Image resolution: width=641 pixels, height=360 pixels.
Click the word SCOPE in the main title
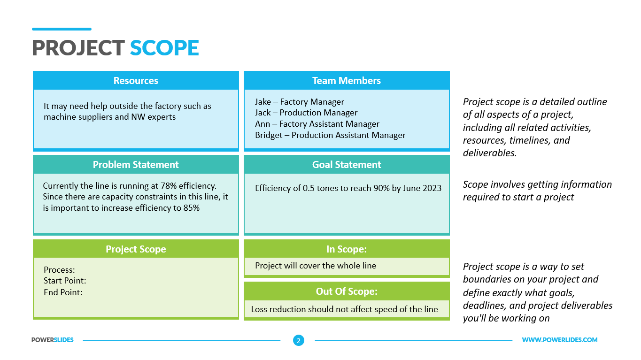coord(164,48)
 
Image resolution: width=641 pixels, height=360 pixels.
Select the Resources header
coord(136,81)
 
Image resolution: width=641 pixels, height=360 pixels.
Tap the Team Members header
coord(347,81)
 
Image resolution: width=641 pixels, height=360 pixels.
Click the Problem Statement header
coord(136,165)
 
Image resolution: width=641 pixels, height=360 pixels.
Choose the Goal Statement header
coord(347,165)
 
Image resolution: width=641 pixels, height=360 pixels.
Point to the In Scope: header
coord(347,249)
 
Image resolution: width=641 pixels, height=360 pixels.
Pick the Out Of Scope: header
coord(347,291)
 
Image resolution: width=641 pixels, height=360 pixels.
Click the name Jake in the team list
coord(263,102)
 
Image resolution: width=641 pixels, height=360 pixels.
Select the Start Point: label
coord(65,281)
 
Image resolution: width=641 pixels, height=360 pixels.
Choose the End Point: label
coord(63,292)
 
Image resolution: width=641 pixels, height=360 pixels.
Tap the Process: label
coord(59,270)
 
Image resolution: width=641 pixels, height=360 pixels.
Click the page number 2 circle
coord(298,340)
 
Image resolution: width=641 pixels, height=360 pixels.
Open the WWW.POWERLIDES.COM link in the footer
coord(560,340)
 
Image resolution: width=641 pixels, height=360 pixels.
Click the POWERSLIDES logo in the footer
coord(53,340)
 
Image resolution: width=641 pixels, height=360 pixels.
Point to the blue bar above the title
coord(62,29)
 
